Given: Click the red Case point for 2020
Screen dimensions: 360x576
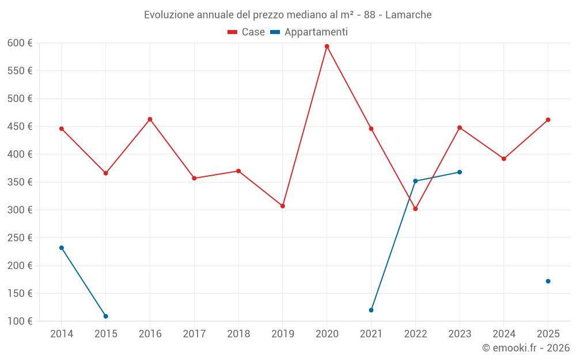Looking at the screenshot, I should point(327,46).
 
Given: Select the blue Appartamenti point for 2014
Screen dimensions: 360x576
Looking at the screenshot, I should point(62,248).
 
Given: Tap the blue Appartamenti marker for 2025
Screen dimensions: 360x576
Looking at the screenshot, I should point(548,281).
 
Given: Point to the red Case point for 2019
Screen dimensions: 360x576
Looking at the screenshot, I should point(283,206).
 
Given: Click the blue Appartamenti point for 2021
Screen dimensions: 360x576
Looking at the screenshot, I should point(371,310).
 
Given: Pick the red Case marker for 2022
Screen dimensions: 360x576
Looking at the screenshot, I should point(415,209).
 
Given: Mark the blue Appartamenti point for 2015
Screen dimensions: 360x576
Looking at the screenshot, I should point(106,316).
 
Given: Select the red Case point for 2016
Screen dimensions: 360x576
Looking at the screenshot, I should point(150,119).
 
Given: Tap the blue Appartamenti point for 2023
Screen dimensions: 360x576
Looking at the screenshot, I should point(460,172).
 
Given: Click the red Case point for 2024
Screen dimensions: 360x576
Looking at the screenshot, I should point(504,158).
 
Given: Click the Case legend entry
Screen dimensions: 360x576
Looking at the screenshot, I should point(247,32).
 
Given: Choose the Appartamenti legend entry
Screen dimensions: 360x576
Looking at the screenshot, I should point(309,32).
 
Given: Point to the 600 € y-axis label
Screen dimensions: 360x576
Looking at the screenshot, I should point(20,43).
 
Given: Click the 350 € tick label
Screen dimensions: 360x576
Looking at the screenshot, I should point(20,182).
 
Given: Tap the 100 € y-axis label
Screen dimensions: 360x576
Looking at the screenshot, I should point(20,321).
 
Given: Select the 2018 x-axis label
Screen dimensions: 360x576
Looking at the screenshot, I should point(238,334).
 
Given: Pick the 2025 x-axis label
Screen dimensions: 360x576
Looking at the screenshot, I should point(548,334).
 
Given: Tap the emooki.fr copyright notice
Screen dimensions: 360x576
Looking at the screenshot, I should point(525,347).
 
